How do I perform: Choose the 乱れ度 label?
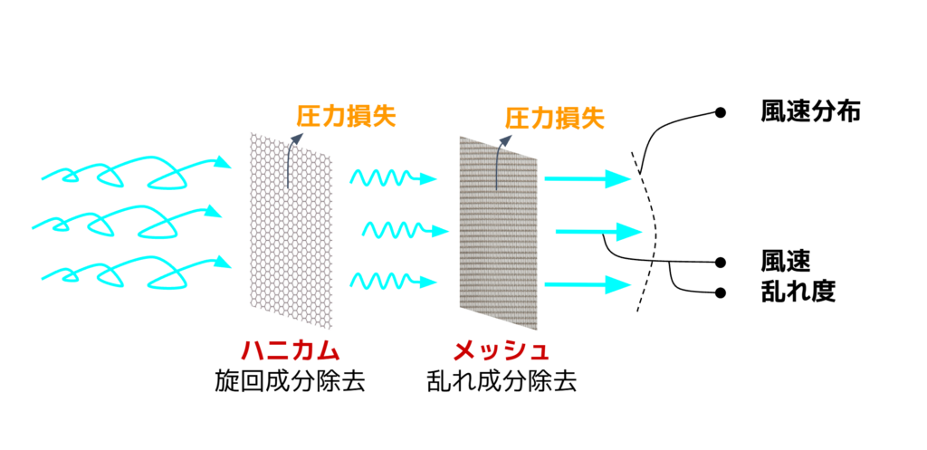pos(798,292)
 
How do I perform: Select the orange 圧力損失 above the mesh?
pos(554,116)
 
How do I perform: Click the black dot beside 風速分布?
pos(721,112)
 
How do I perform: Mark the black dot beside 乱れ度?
pos(721,292)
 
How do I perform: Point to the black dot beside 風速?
pos(721,263)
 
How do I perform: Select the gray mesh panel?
pos(499,231)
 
